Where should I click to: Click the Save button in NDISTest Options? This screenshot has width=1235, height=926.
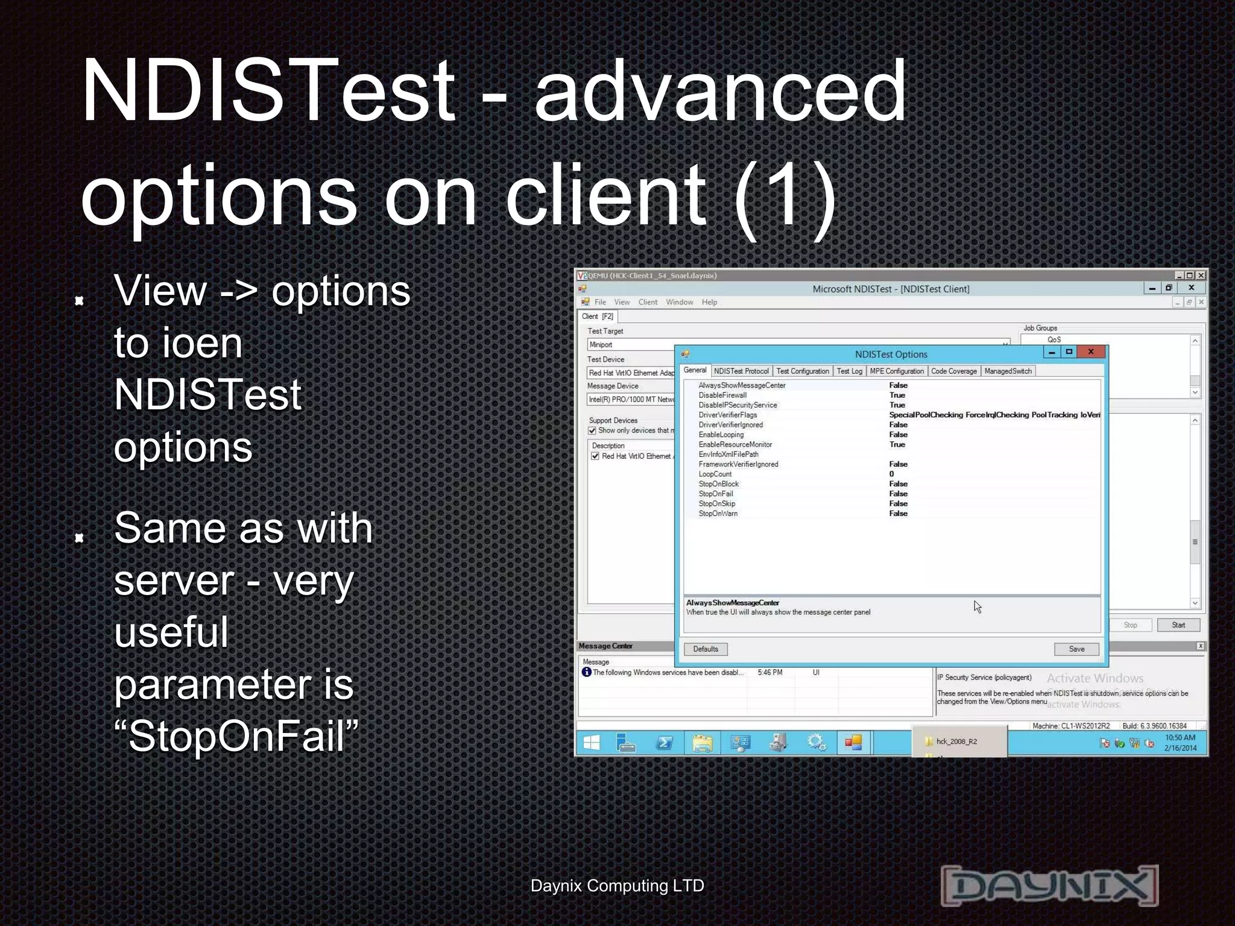(x=1076, y=649)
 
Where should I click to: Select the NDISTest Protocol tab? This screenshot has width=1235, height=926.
(x=741, y=371)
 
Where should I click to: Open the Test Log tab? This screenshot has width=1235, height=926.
(x=849, y=371)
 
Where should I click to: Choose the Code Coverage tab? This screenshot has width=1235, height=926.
(x=953, y=371)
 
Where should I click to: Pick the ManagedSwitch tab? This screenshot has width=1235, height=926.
(x=1008, y=371)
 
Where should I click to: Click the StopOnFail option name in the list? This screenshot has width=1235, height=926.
(x=716, y=494)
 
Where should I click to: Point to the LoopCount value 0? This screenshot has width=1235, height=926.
(x=892, y=474)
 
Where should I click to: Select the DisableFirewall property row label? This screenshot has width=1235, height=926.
(x=722, y=395)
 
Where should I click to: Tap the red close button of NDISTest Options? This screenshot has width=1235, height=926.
(x=1091, y=352)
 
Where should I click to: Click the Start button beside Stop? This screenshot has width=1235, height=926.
(x=1178, y=625)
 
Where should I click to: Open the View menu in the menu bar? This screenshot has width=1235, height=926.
(x=622, y=302)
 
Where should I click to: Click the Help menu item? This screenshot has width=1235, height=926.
(x=709, y=302)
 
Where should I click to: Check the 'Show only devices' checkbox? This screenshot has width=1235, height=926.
(x=592, y=430)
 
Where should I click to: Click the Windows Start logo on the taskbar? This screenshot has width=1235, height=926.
(x=592, y=743)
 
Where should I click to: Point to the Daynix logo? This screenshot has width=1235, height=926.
(x=1049, y=885)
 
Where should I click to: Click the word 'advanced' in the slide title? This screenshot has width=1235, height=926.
(x=720, y=90)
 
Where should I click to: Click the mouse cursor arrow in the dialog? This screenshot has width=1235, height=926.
(x=977, y=606)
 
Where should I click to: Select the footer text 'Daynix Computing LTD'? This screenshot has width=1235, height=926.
(x=617, y=886)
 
